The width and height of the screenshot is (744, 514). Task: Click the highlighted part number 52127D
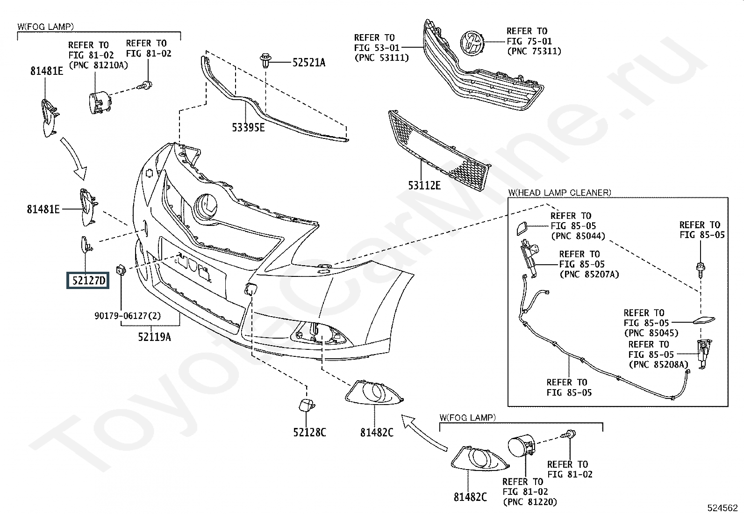point(88,281)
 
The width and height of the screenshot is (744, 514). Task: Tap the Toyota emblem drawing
point(472,43)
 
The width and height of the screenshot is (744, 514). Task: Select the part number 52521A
point(309,63)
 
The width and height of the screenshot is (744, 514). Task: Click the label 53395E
point(249,127)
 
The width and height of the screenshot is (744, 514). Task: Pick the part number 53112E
point(424,186)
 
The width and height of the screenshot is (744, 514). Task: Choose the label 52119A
point(154,337)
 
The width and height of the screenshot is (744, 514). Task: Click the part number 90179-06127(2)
point(128,316)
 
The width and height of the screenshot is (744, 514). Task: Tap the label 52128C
point(309,433)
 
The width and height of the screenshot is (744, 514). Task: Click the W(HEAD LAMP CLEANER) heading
point(560,193)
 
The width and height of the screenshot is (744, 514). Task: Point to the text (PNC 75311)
point(535,51)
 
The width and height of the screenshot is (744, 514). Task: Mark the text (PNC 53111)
point(382,58)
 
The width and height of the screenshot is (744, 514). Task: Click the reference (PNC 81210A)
point(98,65)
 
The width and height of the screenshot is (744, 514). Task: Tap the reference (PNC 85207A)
point(590,275)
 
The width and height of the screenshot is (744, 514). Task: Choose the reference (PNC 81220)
point(530,502)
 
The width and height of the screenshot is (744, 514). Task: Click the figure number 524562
point(723,508)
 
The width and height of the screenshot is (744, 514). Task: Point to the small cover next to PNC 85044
point(522,228)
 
